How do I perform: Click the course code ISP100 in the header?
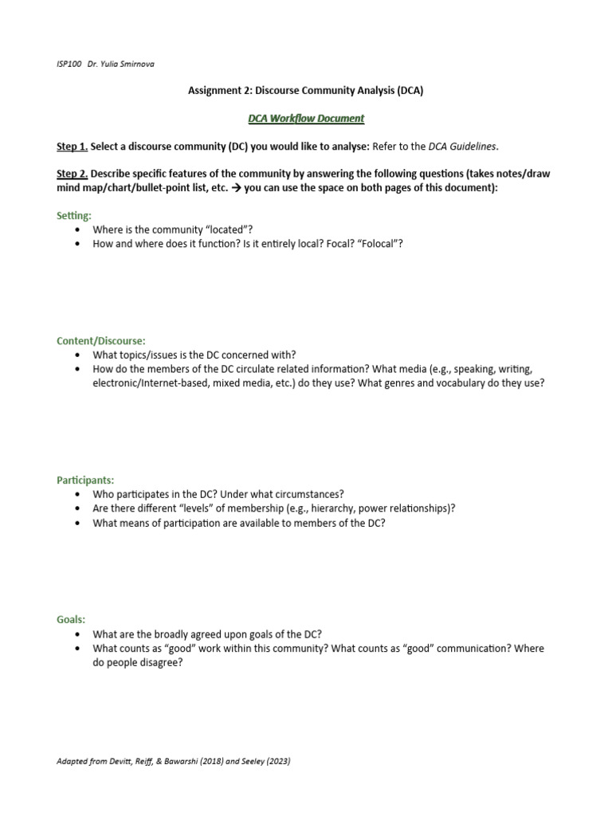click(x=69, y=65)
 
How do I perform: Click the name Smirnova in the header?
click(x=136, y=65)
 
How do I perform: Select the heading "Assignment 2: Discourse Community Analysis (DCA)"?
click(x=306, y=91)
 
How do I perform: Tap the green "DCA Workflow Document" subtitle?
click(x=306, y=119)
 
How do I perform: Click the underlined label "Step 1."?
click(x=72, y=147)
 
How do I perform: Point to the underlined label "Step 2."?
click(x=72, y=174)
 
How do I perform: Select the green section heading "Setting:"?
click(x=74, y=215)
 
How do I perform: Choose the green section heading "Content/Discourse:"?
click(x=100, y=340)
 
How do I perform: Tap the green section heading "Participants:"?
click(x=85, y=480)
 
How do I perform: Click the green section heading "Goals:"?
click(x=71, y=619)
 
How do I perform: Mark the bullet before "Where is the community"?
click(x=76, y=229)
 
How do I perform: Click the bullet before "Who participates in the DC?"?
click(x=76, y=494)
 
